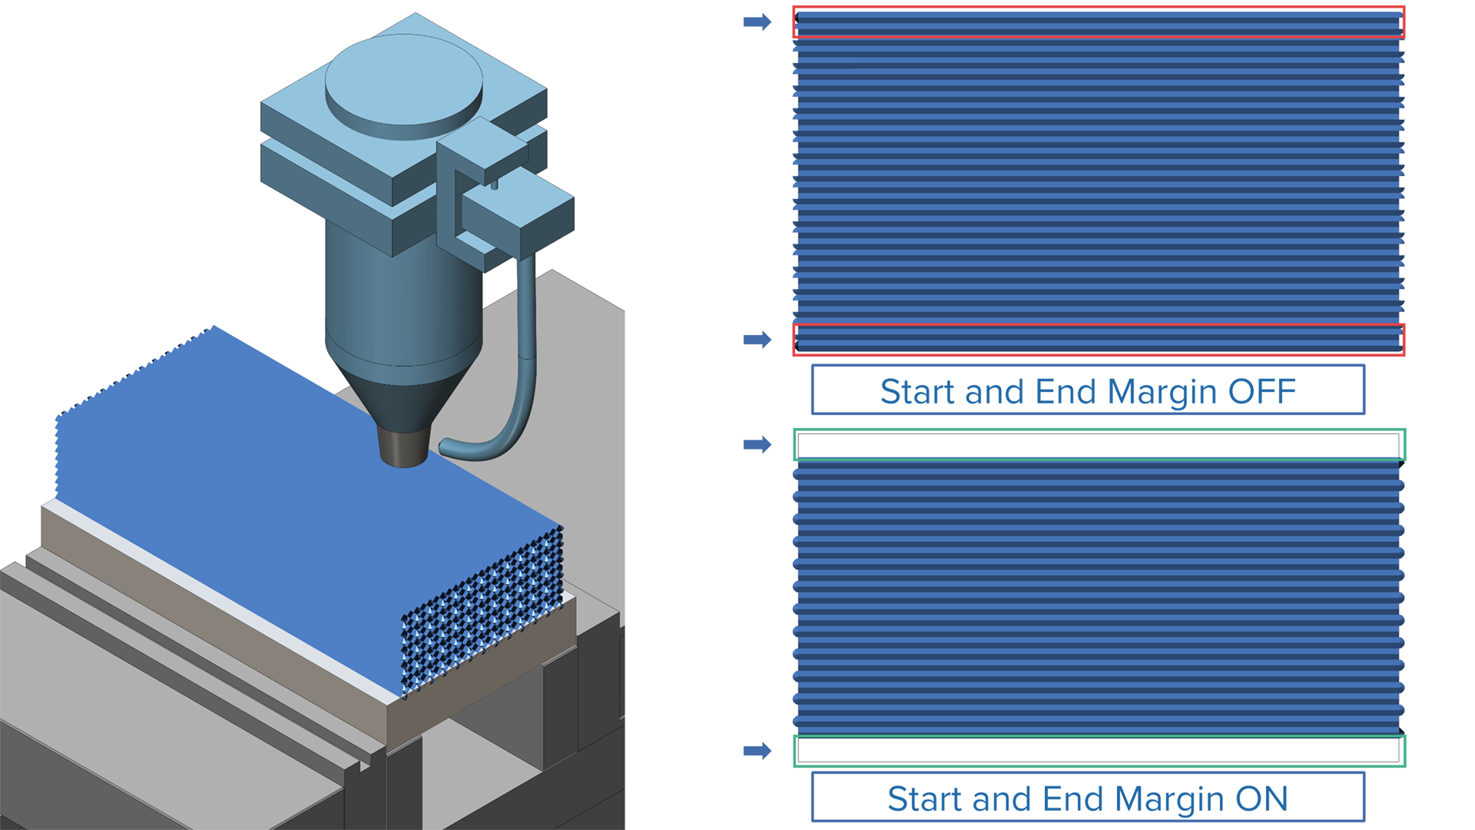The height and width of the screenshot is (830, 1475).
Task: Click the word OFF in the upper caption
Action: pos(1261,392)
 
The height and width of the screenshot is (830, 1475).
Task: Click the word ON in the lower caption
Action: pos(1261,799)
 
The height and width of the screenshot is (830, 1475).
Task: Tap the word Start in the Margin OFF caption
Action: pos(919,392)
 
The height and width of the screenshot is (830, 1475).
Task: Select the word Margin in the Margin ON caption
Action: pos(1170,800)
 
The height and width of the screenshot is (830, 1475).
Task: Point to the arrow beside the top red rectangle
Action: pos(757,22)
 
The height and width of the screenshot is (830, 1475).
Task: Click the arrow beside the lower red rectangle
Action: pos(757,340)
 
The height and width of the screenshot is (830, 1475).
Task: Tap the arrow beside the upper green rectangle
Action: pos(757,444)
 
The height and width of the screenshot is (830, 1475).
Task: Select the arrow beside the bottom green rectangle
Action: pos(757,751)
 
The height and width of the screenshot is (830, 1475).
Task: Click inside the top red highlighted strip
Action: pos(1099,23)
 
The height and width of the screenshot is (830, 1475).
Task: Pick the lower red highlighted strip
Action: pos(1099,340)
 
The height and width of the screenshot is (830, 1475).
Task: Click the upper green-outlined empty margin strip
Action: pos(1099,445)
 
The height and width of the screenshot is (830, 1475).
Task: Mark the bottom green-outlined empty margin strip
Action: pos(1099,751)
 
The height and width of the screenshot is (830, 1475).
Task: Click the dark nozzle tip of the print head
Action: pos(403,449)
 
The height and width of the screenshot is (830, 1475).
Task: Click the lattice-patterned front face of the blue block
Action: pos(482,612)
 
